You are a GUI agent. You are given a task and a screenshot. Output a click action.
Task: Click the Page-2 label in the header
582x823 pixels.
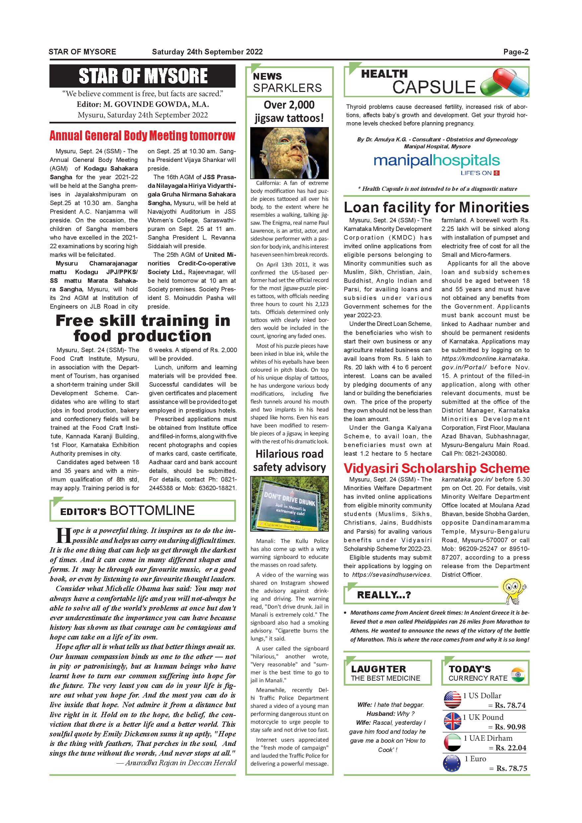516,52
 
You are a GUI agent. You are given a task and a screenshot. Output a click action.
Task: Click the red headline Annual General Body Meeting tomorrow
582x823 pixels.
142,136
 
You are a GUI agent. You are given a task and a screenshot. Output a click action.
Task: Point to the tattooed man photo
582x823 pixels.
289,153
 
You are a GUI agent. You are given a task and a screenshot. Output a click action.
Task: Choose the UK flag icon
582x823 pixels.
452,721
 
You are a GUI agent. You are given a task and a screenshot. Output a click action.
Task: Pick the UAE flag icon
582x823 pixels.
452,742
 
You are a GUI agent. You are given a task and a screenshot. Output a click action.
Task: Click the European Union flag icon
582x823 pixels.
452,763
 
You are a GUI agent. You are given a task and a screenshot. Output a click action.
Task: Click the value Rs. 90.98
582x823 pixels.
510,727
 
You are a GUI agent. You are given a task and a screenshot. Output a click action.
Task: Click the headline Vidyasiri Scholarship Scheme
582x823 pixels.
437,469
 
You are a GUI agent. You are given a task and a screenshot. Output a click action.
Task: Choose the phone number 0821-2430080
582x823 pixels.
486,453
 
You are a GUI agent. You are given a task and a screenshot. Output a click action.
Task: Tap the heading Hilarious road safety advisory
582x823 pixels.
289,461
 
